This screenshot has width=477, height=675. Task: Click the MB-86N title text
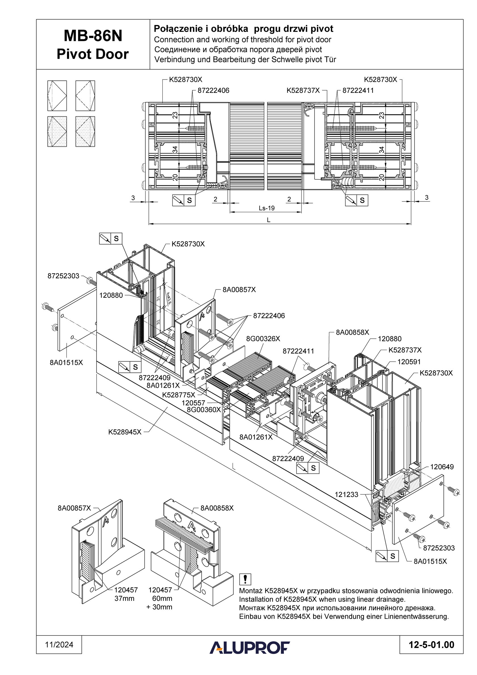93,36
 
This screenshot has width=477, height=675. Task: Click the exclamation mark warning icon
245,579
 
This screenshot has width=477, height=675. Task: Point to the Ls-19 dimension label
267,208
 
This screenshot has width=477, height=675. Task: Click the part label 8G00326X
263,339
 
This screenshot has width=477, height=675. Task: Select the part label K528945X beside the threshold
125,432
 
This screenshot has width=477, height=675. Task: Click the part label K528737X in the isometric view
405,350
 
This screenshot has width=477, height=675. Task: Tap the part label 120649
442,466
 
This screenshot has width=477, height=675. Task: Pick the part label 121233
346,495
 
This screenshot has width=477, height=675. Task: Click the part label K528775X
179,395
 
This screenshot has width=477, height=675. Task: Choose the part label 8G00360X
204,410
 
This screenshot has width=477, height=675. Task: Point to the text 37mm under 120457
124,598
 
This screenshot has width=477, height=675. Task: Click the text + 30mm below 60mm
159,607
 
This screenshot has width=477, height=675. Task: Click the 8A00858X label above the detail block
217,508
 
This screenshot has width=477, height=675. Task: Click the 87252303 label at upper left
64,276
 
